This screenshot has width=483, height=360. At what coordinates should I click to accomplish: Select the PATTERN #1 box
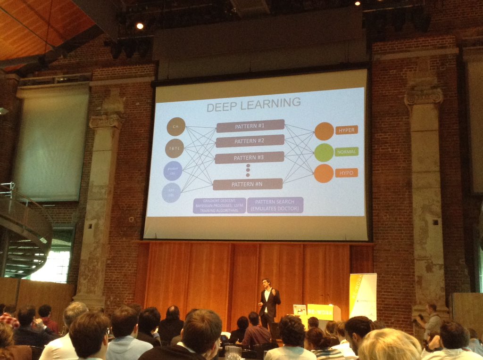[x=250, y=126]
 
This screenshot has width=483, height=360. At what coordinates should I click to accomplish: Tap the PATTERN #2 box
[x=250, y=141]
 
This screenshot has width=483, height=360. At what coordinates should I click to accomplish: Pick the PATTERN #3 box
[x=250, y=157]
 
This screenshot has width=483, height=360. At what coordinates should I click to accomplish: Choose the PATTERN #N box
[x=248, y=184]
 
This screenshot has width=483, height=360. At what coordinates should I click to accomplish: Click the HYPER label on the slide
[x=347, y=130]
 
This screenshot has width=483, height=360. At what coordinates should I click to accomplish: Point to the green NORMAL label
[x=347, y=152]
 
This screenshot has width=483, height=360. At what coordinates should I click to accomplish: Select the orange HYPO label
[x=347, y=172]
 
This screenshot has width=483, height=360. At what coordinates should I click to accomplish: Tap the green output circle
[x=324, y=152]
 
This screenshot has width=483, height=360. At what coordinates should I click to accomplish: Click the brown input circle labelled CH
[x=176, y=127]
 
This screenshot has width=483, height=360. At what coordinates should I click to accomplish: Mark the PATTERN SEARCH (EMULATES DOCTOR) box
[x=275, y=205]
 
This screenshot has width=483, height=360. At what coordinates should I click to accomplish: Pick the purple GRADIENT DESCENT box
[x=219, y=205]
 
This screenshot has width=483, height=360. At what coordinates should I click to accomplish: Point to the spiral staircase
[x=24, y=231]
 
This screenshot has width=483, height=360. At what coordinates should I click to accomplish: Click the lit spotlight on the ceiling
[x=140, y=26]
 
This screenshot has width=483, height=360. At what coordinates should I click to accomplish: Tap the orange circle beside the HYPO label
[x=324, y=173]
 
